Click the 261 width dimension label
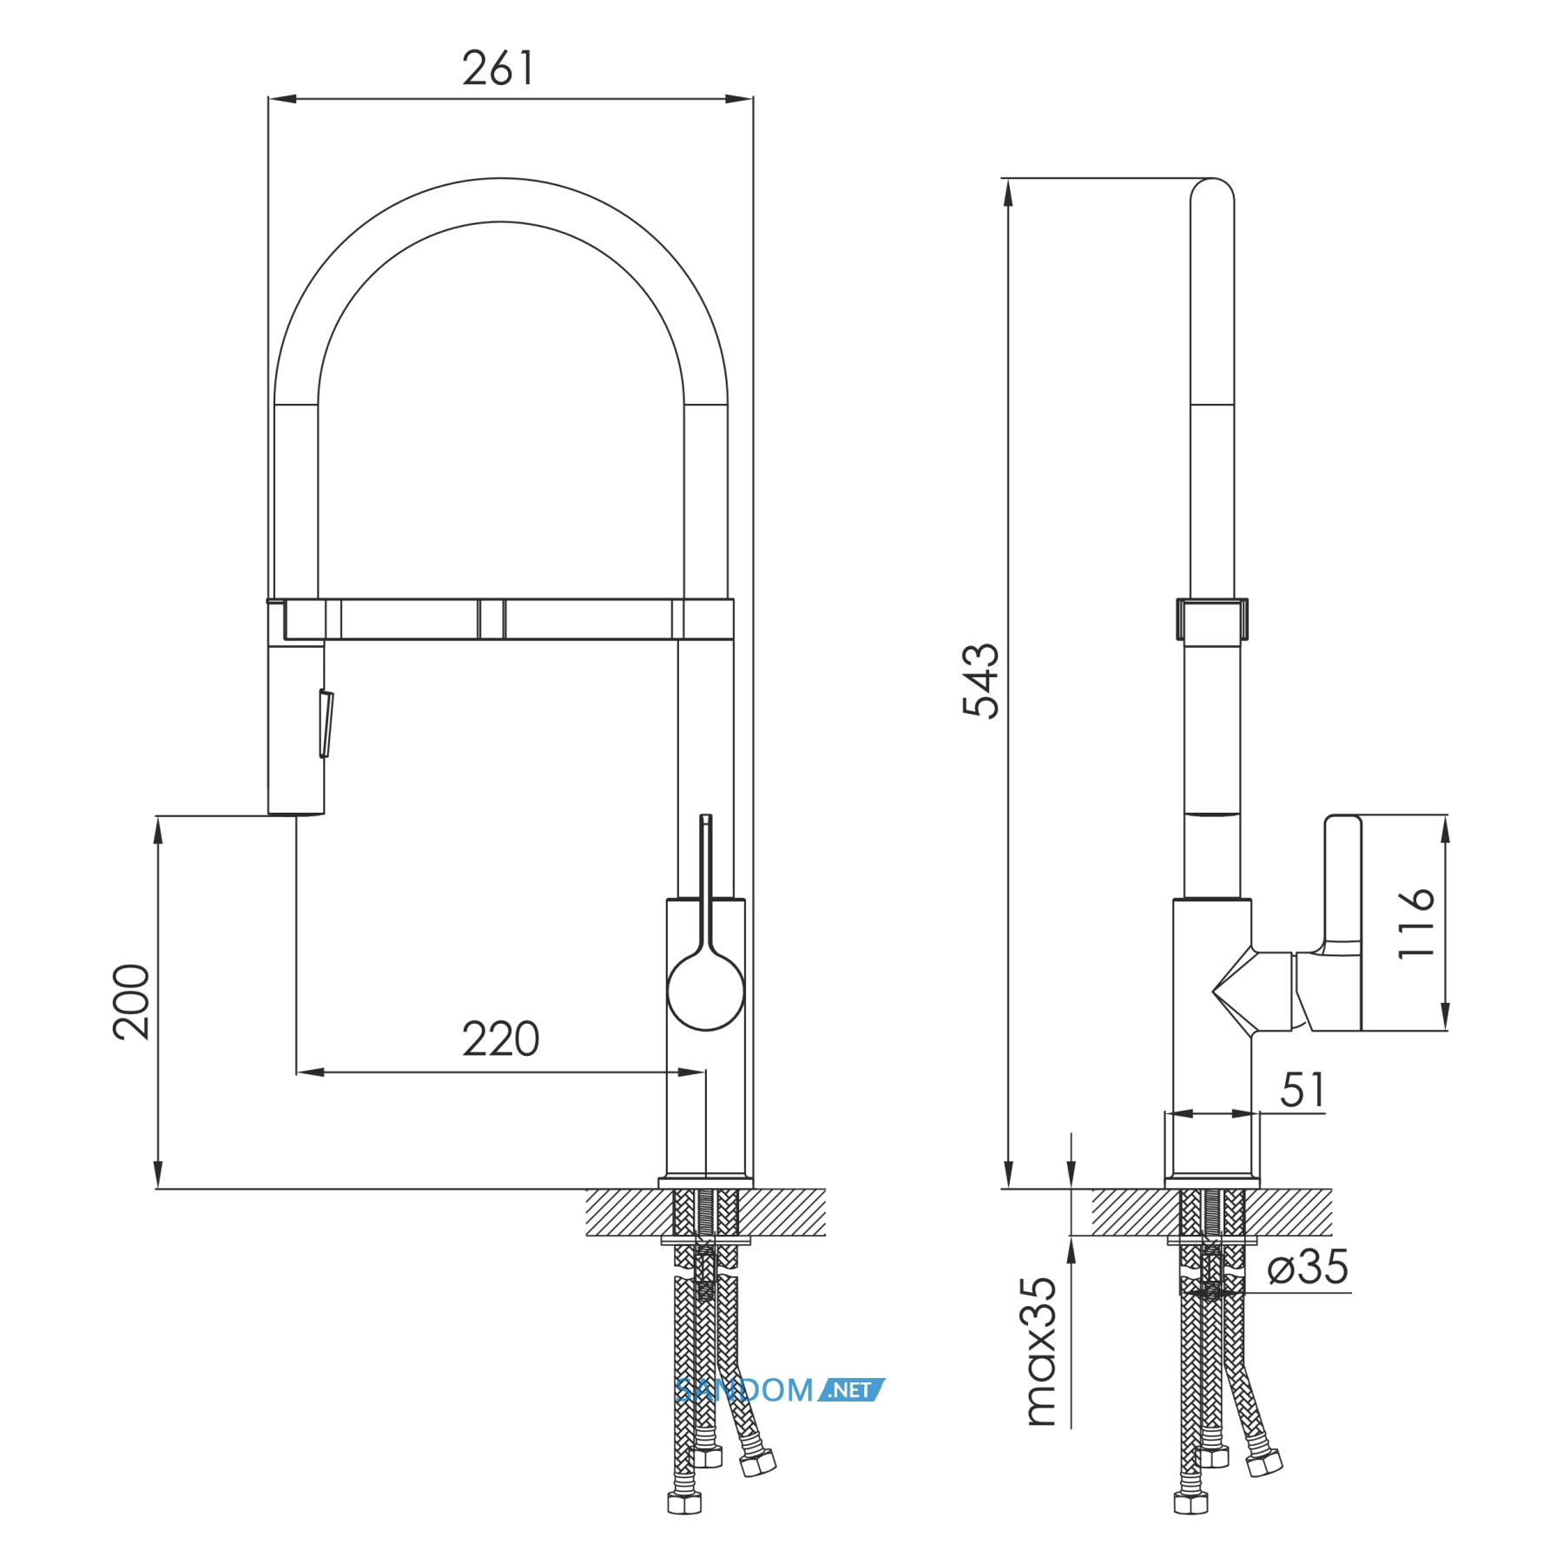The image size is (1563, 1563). pyautogui.click(x=498, y=69)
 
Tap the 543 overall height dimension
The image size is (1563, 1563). pyautogui.click(x=981, y=681)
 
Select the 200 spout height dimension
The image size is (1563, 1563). pyautogui.click(x=131, y=1001)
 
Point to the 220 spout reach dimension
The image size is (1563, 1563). pyautogui.click(x=500, y=1039)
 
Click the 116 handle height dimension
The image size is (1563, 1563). pyautogui.click(x=1415, y=922)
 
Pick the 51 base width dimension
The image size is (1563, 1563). pyautogui.click(x=1303, y=1091)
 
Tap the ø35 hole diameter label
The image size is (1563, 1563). pyautogui.click(x=1308, y=1267)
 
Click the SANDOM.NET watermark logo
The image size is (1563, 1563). pyautogui.click(x=780, y=1390)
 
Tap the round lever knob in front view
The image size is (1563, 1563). pyautogui.click(x=705, y=991)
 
